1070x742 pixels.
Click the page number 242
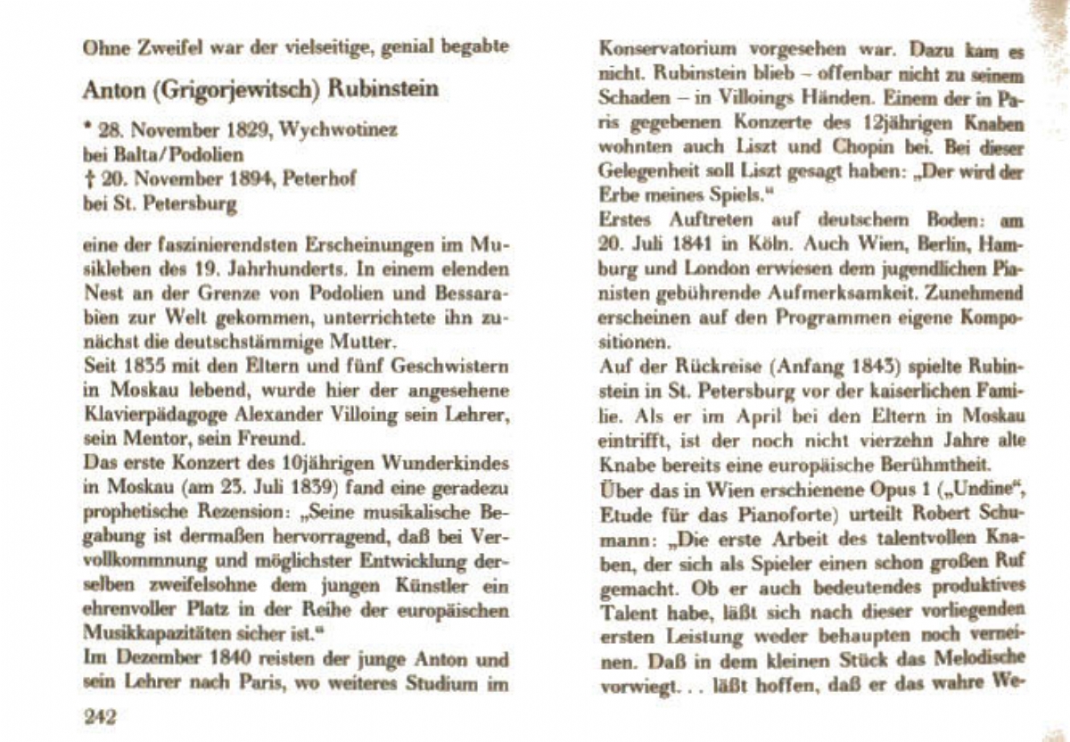(100, 715)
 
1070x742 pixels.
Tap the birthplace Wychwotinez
(339, 130)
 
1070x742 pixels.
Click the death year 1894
(251, 178)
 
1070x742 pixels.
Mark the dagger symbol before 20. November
(87, 178)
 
